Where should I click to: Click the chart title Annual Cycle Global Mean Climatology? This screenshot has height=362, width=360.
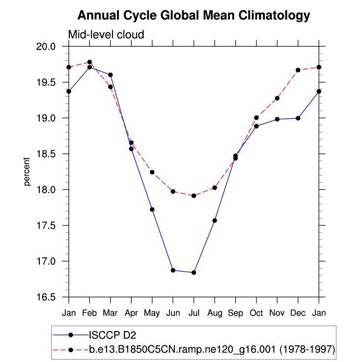point(194,16)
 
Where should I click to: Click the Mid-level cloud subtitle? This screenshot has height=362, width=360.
point(106,35)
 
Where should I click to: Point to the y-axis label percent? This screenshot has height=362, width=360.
point(27,171)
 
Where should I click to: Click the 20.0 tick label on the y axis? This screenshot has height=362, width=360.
point(52,47)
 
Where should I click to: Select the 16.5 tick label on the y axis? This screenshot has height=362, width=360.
point(52,297)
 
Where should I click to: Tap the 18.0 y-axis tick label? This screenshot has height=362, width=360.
point(52,190)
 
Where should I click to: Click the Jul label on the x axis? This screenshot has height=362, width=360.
point(194,312)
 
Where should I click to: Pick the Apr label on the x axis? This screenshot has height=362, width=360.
point(131,312)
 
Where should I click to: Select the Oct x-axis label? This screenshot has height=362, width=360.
point(256,312)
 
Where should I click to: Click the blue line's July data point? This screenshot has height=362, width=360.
point(194,273)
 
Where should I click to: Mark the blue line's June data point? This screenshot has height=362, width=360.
point(173,270)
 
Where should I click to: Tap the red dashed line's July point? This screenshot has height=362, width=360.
point(194,195)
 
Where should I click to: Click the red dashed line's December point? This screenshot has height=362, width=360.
point(298,70)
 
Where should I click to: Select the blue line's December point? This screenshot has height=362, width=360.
point(298,118)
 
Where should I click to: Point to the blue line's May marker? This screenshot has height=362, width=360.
point(152,209)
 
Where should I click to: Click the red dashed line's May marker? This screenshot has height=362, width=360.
point(152,172)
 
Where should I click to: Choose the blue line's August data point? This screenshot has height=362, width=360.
point(215,221)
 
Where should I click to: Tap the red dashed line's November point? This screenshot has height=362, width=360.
point(277,98)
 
